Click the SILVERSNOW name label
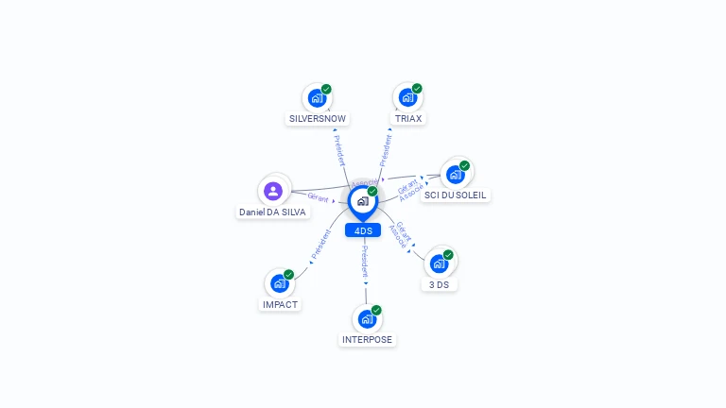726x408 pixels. (x=318, y=119)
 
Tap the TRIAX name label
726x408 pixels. (x=408, y=119)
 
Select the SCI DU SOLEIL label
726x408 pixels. (x=456, y=195)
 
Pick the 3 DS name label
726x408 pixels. (x=439, y=284)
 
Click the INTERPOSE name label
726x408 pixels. (x=367, y=339)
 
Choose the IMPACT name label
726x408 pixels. (x=280, y=305)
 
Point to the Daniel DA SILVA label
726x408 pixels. (x=272, y=212)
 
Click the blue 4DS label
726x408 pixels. (x=363, y=230)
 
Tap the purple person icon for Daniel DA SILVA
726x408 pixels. (x=273, y=192)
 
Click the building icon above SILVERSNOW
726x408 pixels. (x=317, y=97)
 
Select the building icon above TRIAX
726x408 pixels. (x=407, y=97)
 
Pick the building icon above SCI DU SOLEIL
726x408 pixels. (x=456, y=174)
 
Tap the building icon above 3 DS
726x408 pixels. (x=439, y=263)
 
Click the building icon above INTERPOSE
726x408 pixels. (x=367, y=318)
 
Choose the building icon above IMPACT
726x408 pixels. (x=279, y=283)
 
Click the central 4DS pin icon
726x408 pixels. (x=362, y=201)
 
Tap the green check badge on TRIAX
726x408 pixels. (x=417, y=89)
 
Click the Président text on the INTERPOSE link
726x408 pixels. (x=366, y=263)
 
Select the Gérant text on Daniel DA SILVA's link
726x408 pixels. (x=318, y=197)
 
